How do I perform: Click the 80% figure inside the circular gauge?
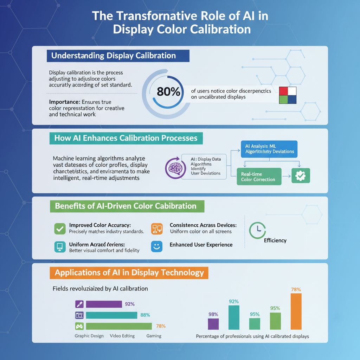point(168,92)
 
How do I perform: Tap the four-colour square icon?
point(287,95)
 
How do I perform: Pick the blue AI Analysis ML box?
point(269,149)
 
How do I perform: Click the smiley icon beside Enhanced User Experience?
point(156,246)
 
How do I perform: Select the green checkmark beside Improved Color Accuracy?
point(60,229)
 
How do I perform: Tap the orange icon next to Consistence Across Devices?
point(157,229)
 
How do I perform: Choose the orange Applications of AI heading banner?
point(129,273)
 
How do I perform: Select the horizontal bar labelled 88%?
point(111,315)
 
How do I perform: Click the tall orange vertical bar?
point(296,311)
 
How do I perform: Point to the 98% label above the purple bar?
point(213,314)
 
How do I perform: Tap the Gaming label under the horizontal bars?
point(154,336)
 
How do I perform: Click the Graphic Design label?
point(89,336)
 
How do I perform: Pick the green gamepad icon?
point(80,326)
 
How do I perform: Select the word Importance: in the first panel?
point(62,102)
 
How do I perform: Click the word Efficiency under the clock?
point(275,240)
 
